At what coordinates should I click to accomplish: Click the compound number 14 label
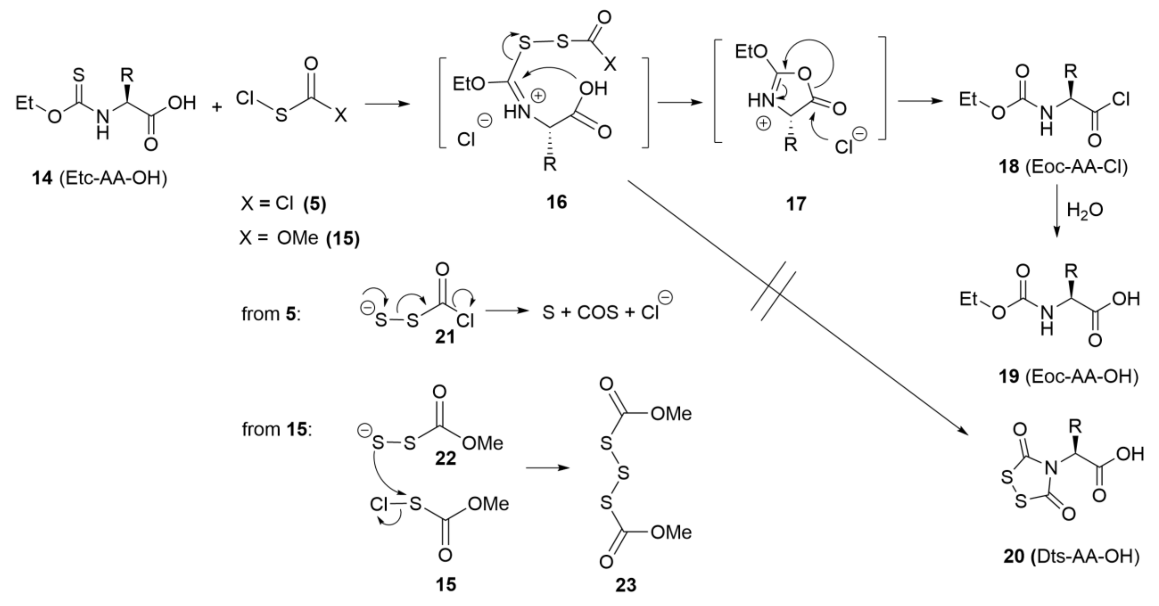tap(42, 179)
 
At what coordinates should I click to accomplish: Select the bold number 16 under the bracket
tap(557, 202)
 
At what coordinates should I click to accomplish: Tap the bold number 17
tap(796, 204)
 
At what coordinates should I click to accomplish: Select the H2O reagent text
tap(1085, 210)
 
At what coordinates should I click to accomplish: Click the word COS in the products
tap(598, 312)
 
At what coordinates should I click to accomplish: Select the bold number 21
tap(445, 337)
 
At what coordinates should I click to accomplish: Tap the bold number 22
tap(445, 458)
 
